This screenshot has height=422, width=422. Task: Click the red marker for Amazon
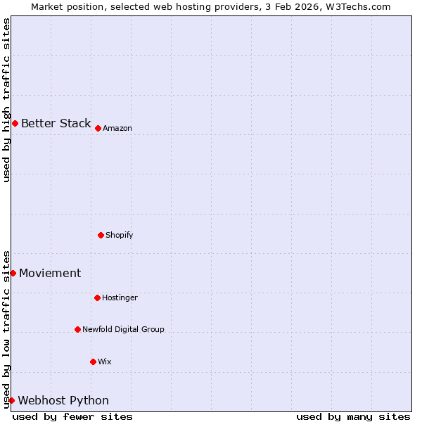coord(98,128)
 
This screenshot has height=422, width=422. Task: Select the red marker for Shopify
coord(101,235)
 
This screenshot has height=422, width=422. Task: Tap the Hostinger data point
coord(97,298)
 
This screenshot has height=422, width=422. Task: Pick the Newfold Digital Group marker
coord(77,329)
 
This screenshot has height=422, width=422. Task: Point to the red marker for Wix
coord(93,362)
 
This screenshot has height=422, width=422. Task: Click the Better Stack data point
coord(15,124)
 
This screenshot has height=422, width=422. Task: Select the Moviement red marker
coord(13,273)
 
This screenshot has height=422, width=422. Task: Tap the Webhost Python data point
coord(11,400)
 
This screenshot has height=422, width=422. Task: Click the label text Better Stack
coord(56,124)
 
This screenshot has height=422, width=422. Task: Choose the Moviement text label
coord(50,274)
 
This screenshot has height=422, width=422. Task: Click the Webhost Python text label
coord(63,401)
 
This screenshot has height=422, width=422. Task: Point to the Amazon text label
coord(117,129)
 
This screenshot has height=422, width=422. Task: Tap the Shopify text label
coord(120,235)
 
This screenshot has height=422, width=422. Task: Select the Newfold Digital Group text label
coord(123,329)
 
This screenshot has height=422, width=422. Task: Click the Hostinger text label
coord(120,298)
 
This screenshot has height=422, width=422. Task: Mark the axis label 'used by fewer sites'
coord(72,416)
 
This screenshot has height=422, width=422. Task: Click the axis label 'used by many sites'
coord(353,416)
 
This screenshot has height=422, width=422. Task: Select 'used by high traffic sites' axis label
coord(6,100)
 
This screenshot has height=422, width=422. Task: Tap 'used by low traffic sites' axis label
coord(6,328)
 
